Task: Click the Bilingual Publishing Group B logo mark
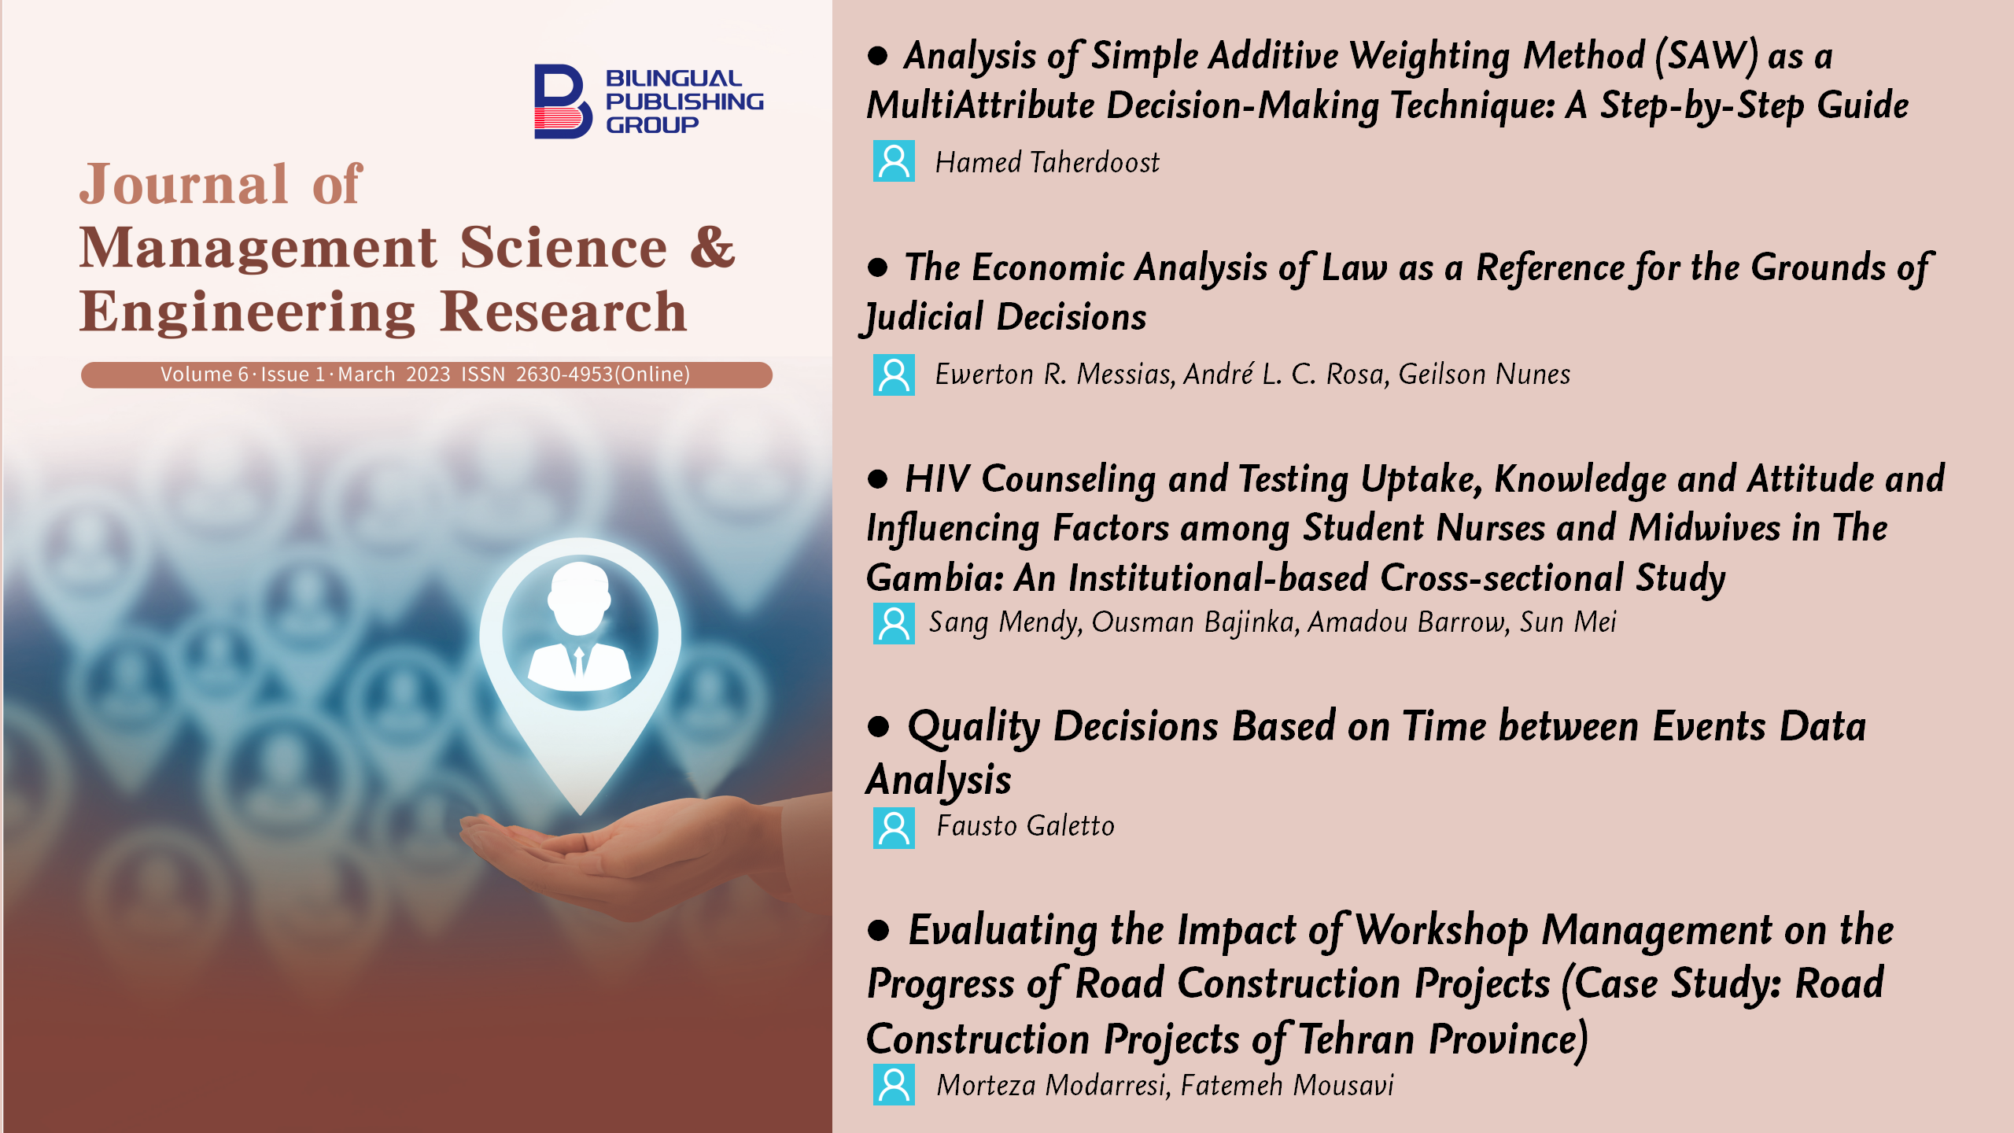coord(563,101)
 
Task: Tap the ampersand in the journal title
coord(713,248)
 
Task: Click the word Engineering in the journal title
coord(248,312)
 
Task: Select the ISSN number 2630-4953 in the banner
coord(564,375)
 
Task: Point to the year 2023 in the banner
coord(428,375)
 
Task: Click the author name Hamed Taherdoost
coord(1047,162)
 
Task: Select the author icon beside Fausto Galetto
coord(894,828)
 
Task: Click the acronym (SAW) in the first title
coord(1706,56)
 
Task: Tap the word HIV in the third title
coord(937,478)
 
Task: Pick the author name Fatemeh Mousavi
coord(1287,1085)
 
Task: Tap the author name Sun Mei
coord(1568,622)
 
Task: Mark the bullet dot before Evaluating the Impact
coord(878,931)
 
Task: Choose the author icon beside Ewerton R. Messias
coord(894,375)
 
